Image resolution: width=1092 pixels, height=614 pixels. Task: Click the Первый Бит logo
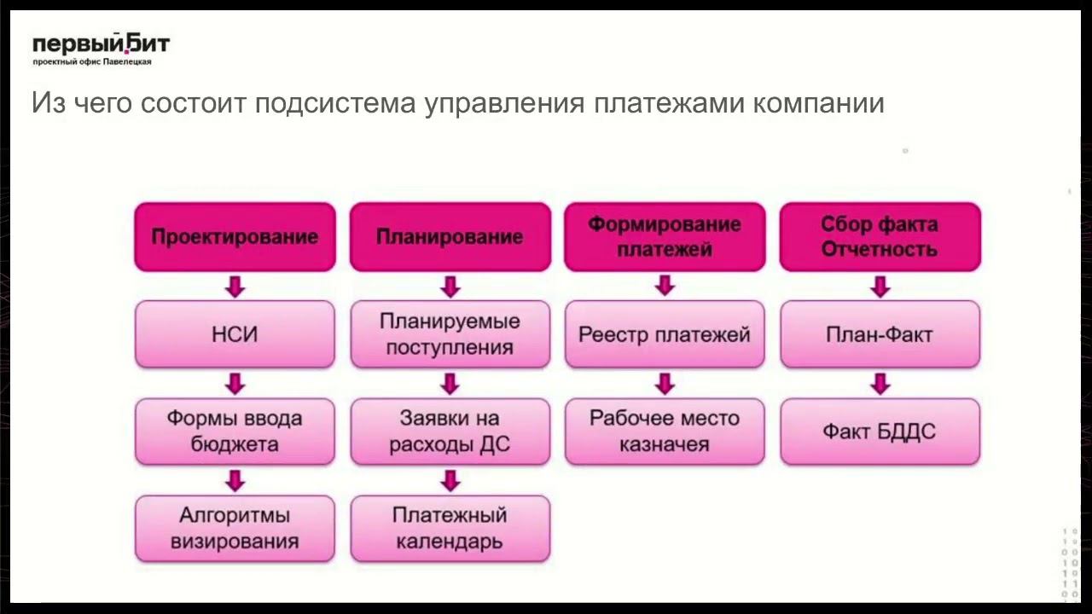pyautogui.click(x=101, y=49)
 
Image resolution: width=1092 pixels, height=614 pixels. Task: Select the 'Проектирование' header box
pyautogui.click(x=235, y=237)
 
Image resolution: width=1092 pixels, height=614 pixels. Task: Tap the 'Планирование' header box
pyautogui.click(x=450, y=237)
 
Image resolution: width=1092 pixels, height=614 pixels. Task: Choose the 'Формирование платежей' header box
pyautogui.click(x=665, y=237)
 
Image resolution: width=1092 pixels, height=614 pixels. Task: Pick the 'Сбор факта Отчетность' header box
pyautogui.click(x=880, y=237)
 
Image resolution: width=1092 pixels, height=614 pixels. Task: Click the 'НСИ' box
pyautogui.click(x=235, y=334)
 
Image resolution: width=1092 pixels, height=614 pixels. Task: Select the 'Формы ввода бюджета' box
pyautogui.click(x=235, y=432)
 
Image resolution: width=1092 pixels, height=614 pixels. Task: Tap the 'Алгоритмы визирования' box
pyautogui.click(x=235, y=529)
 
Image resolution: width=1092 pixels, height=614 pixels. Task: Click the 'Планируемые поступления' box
pyautogui.click(x=450, y=334)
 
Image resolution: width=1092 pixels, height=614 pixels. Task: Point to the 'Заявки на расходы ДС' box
pyautogui.click(x=450, y=432)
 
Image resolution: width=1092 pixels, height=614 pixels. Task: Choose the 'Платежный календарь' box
pyautogui.click(x=450, y=529)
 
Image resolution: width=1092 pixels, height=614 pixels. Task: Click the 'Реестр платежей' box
pyautogui.click(x=665, y=334)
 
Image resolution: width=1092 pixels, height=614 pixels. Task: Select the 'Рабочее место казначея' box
pyautogui.click(x=665, y=432)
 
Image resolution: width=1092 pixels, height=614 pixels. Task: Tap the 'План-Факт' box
pyautogui.click(x=880, y=334)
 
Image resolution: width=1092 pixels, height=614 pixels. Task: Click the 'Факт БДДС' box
pyautogui.click(x=880, y=432)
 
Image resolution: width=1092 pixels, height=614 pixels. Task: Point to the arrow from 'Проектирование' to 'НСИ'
pyautogui.click(x=235, y=287)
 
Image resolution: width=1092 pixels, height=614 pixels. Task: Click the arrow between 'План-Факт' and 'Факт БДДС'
pyautogui.click(x=880, y=384)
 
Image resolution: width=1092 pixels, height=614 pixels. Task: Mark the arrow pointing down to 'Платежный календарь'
pyautogui.click(x=450, y=481)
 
